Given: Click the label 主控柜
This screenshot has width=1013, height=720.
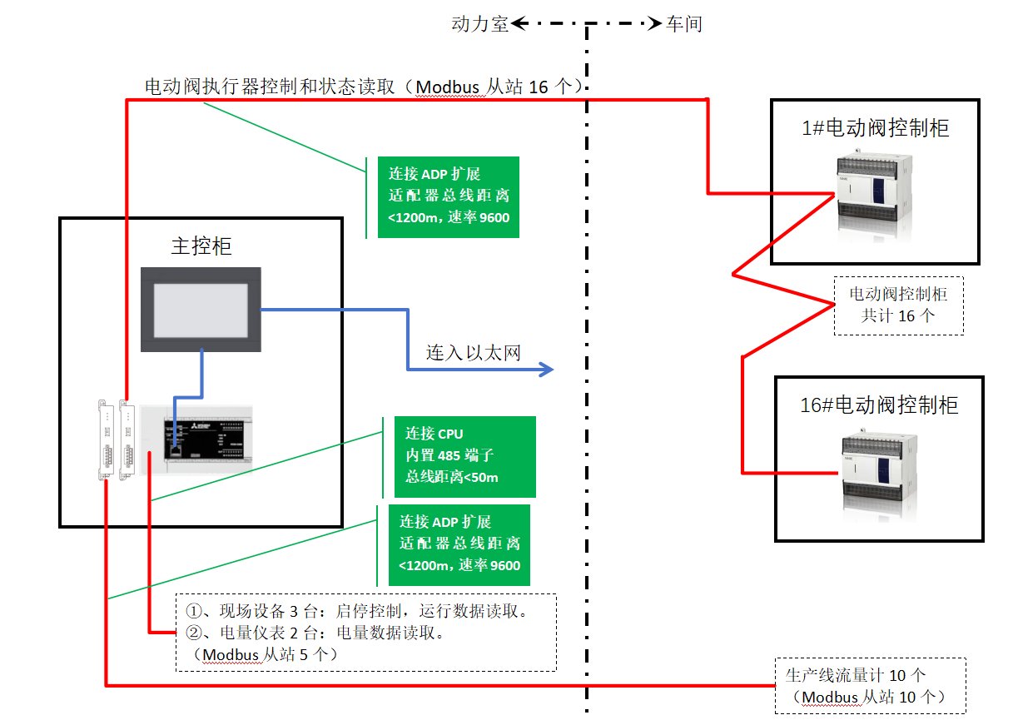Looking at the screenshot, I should click(201, 246).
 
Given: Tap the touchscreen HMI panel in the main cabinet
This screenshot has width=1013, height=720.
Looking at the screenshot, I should click(201, 308).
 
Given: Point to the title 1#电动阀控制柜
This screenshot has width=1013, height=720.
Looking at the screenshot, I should click(875, 128).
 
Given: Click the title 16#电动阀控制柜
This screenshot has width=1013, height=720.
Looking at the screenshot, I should click(879, 405).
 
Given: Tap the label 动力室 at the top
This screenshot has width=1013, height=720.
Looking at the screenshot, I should click(479, 24).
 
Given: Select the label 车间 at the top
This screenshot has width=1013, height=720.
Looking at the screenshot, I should click(684, 24).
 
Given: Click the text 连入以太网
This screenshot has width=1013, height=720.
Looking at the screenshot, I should click(474, 352).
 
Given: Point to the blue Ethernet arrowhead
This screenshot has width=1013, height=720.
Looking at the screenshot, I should click(546, 369).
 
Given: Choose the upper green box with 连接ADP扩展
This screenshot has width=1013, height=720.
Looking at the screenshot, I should click(448, 196).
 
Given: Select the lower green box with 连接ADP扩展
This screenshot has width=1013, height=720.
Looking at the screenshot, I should click(459, 544).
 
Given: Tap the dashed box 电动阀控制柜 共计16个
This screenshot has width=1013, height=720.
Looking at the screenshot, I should click(898, 305).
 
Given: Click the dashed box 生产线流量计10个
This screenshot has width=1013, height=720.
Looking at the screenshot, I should click(870, 685).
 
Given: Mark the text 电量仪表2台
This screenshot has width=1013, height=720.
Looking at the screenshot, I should click(267, 633).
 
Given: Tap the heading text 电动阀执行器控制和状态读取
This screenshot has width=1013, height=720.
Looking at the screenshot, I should click(270, 87).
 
